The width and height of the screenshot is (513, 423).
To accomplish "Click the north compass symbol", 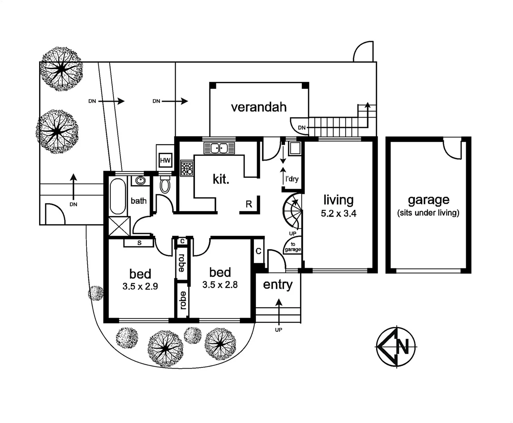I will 396,347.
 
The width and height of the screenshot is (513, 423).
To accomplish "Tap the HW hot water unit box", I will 165,160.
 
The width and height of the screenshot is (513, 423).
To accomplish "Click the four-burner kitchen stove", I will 187,168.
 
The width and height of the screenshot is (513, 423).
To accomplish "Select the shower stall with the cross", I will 119,226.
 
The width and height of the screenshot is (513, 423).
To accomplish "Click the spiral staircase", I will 293,212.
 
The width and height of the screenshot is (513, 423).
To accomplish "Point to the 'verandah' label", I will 259,107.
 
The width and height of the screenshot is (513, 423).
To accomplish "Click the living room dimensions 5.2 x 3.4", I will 338,214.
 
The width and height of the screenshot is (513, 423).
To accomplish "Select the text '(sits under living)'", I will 428,213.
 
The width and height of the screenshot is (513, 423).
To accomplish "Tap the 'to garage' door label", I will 293,247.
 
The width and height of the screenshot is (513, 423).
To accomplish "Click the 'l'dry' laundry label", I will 292,179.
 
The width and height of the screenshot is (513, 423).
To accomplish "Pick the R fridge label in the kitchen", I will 249,204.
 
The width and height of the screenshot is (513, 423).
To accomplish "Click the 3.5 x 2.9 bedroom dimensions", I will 140,286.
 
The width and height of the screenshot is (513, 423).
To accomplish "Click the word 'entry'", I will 277,285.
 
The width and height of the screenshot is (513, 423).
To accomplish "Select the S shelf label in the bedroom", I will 139,243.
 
